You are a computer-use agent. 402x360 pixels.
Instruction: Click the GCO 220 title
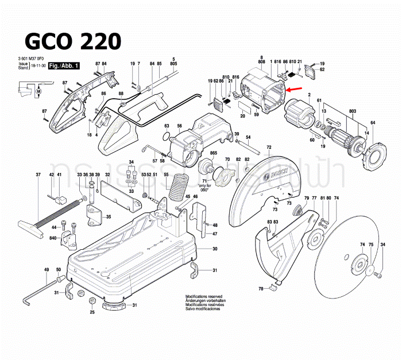(x=72, y=41)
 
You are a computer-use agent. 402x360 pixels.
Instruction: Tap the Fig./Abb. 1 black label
(x=64, y=67)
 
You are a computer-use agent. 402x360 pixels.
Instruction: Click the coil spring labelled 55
(x=178, y=188)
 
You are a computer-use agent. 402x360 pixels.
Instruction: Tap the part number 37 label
(x=38, y=175)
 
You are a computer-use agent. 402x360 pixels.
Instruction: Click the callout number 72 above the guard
(x=268, y=148)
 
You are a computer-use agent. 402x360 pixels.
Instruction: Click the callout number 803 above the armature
(x=337, y=110)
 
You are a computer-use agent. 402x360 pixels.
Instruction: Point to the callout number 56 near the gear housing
(x=179, y=126)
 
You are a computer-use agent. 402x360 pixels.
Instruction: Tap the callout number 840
(x=53, y=237)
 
